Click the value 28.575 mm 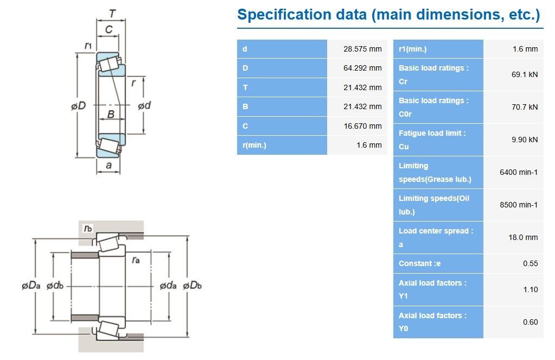(x=362, y=49)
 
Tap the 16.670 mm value (x=363, y=126)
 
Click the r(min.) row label (x=254, y=146)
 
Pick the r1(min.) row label (x=413, y=49)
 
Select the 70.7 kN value (x=525, y=107)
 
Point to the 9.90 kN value (x=525, y=140)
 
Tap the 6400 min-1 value (x=519, y=172)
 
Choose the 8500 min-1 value (x=519, y=205)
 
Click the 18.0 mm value (x=523, y=237)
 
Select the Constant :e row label (x=420, y=264)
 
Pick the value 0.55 (x=530, y=264)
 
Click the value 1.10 (x=531, y=289)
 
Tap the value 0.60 (x=530, y=322)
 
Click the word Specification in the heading (x=284, y=15)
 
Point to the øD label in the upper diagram (x=78, y=105)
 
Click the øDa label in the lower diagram (x=31, y=286)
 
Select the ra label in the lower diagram (x=136, y=261)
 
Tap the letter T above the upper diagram (x=112, y=14)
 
